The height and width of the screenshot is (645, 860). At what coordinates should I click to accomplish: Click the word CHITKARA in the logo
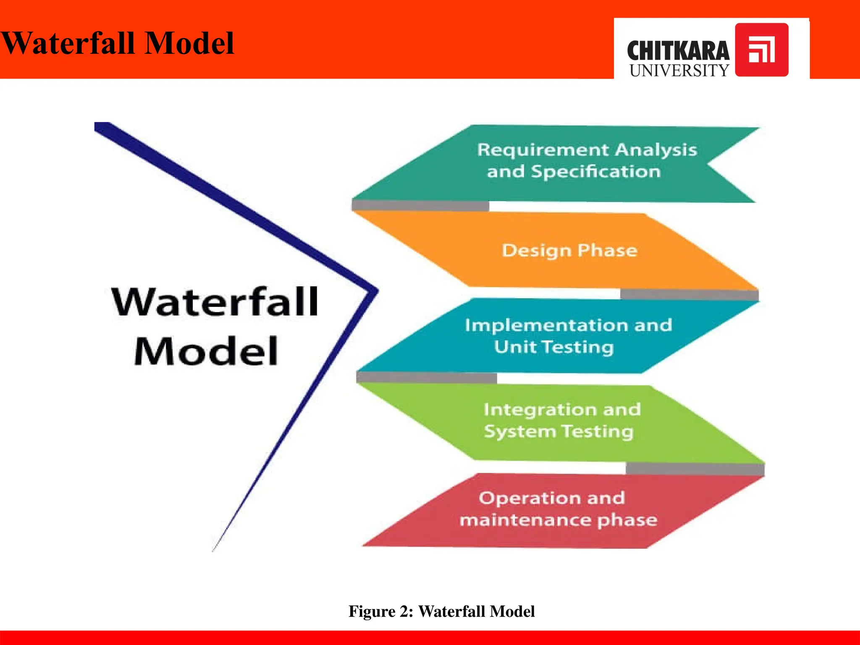[678, 51]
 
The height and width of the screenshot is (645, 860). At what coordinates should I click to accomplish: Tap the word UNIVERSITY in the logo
[679, 71]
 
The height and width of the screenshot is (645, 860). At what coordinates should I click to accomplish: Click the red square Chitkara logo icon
[761, 50]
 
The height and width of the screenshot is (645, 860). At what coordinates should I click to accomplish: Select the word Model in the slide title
[189, 43]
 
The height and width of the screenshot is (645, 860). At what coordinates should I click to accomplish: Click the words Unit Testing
[553, 347]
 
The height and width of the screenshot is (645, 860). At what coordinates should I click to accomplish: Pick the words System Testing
[558, 432]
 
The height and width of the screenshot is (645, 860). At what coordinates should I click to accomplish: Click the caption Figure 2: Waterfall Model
[441, 611]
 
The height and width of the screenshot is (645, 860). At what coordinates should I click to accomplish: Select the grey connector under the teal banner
[420, 205]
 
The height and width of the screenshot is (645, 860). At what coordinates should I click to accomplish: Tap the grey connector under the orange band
[689, 294]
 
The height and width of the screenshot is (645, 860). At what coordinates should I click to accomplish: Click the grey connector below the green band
[695, 469]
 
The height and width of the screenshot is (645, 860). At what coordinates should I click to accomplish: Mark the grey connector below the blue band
[426, 377]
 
